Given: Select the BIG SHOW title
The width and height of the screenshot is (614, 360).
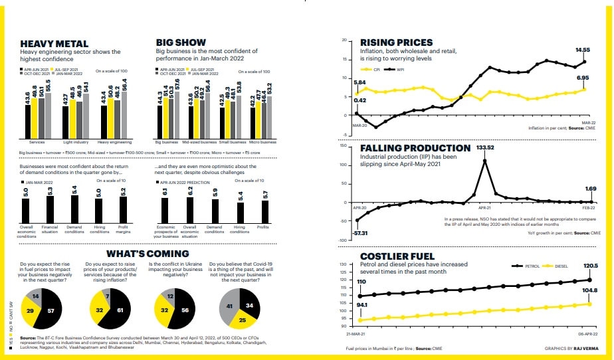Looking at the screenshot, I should coord(181,43).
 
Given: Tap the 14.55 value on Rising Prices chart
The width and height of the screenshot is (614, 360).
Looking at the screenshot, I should coord(583,50).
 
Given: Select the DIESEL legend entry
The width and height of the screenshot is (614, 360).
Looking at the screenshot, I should coord(556,266).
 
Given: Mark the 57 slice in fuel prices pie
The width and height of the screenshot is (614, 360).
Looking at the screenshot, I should coord(50,309).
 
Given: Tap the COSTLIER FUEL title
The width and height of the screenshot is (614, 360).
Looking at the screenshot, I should coord(397,256).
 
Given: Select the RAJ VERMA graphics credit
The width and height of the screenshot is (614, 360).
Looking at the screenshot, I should coord(577,348).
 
